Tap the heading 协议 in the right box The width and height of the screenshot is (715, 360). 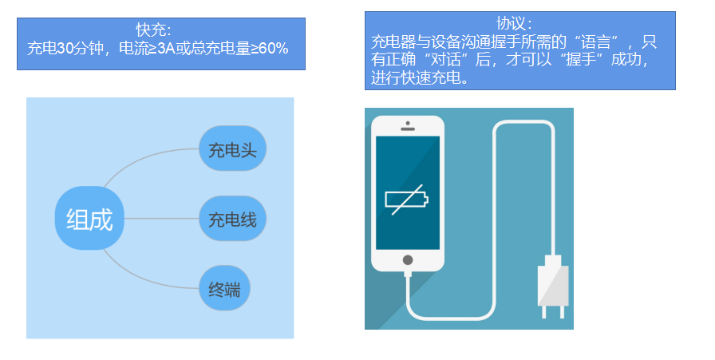tap(519, 22)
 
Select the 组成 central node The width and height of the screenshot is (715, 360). tap(89, 218)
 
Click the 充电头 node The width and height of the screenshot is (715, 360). tap(232, 149)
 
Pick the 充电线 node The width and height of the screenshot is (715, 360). tap(232, 219)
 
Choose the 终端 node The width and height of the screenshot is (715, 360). tap(224, 289)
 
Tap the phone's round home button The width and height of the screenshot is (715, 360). tap(408, 259)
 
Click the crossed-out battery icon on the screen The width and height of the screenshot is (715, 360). tap(407, 200)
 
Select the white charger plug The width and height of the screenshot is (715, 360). tap(553, 287)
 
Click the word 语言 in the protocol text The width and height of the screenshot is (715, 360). tap(587, 41)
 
